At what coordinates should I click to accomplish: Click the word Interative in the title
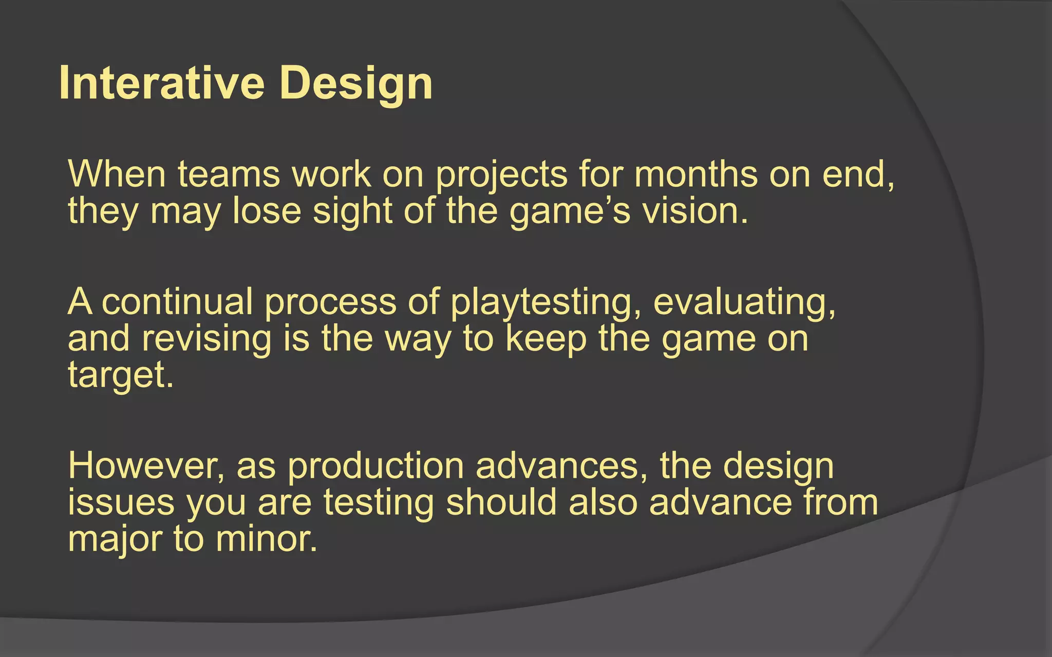coord(162,83)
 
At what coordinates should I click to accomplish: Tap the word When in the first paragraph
coord(117,175)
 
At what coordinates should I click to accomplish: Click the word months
coord(696,175)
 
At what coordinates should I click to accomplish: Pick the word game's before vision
coord(569,212)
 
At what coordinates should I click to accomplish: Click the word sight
coord(352,212)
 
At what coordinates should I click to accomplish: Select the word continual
coord(177,302)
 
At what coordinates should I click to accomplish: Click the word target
coord(120,376)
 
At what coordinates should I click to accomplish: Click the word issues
coord(121,503)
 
